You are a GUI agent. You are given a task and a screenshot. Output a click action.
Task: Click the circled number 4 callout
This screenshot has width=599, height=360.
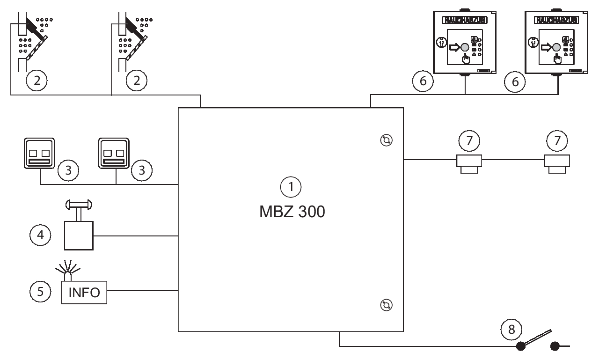coord(40,235)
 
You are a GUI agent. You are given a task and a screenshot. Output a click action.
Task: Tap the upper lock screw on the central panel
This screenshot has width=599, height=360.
coord(387,140)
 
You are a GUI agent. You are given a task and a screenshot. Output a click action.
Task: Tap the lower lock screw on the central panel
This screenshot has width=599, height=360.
coord(387,305)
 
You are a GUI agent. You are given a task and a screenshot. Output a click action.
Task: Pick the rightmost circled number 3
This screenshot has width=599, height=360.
coord(141,170)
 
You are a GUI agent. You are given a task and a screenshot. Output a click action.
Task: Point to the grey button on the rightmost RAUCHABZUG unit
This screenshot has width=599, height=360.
coord(555,47)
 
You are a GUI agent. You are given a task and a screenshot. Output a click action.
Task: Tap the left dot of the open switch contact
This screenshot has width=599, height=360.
coord(520,347)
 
